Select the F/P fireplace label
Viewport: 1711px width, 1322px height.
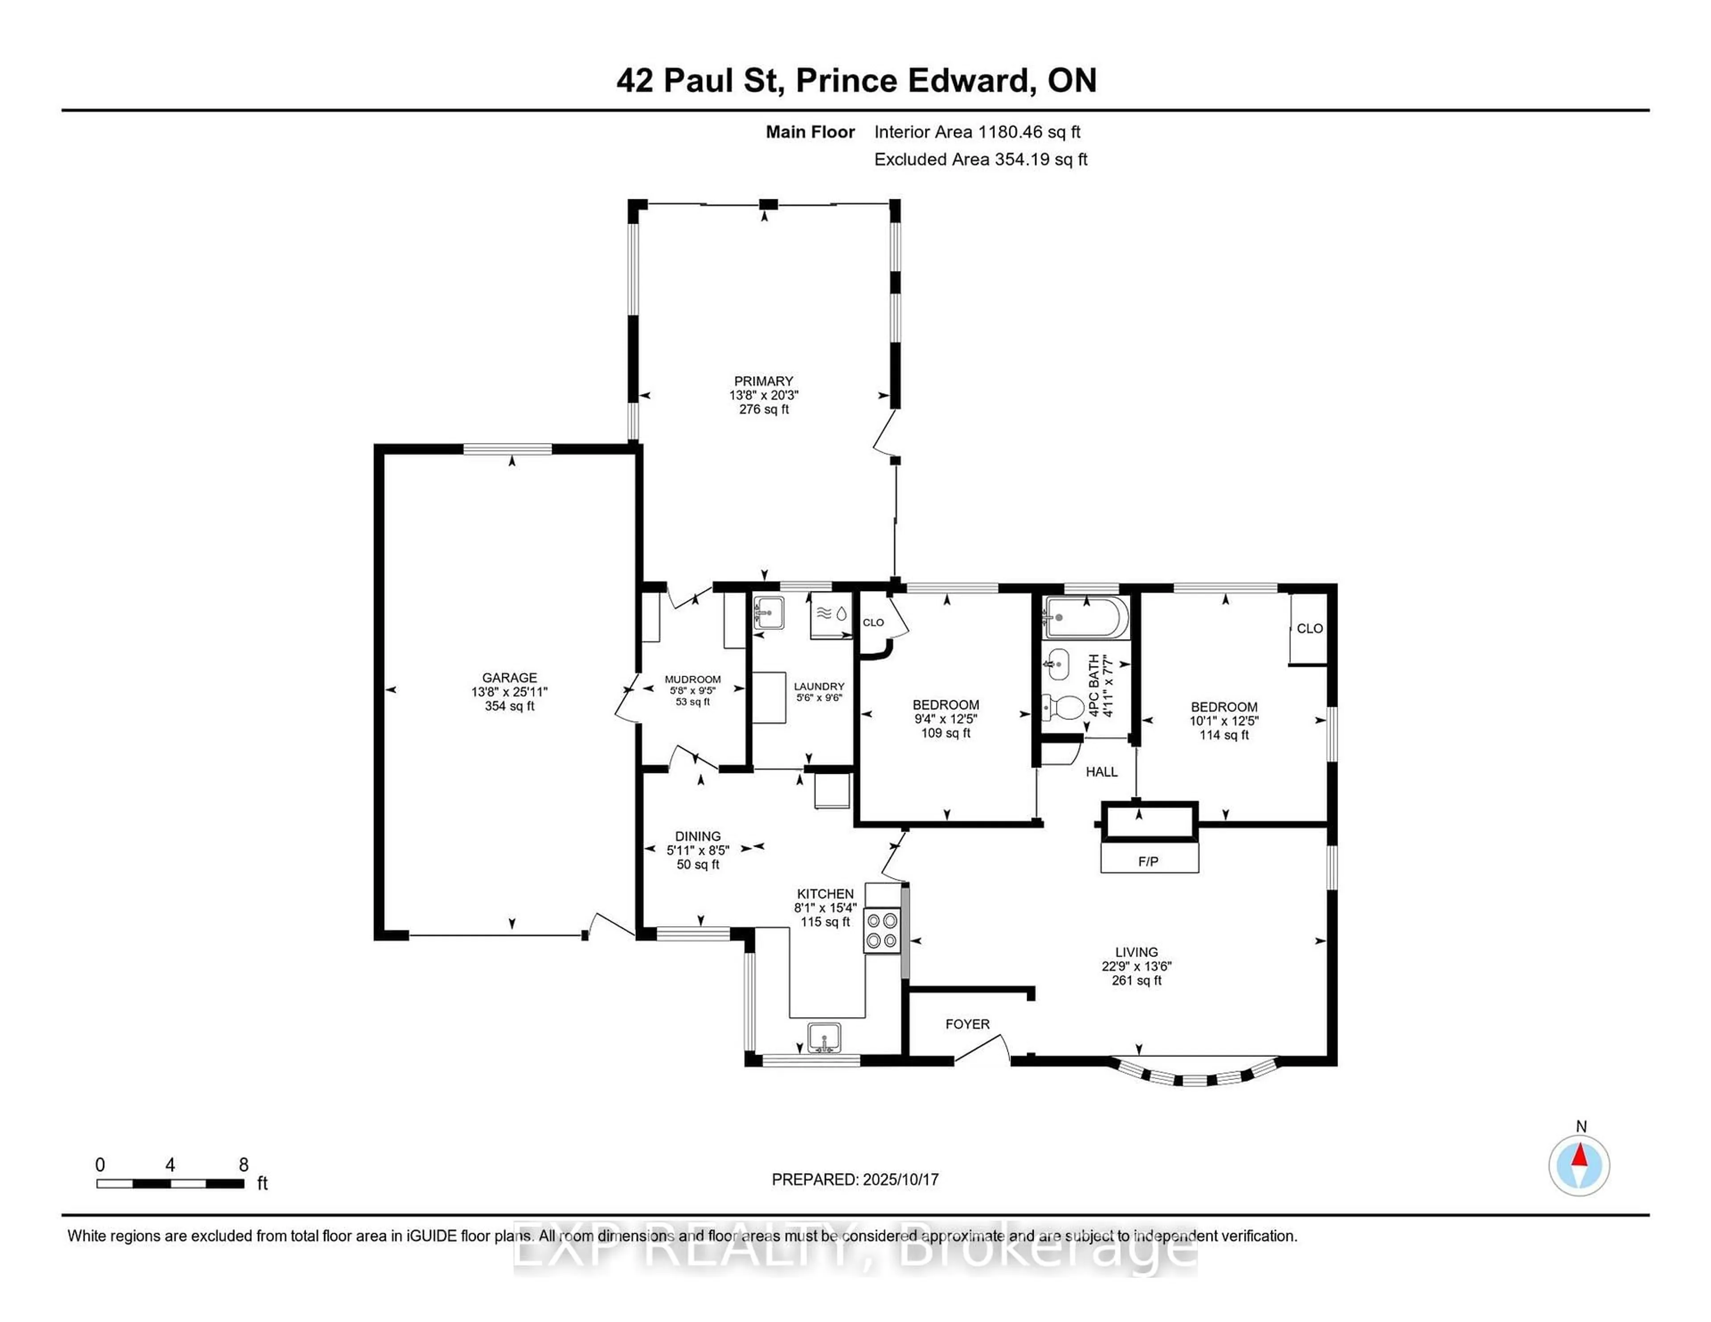coord(1149,861)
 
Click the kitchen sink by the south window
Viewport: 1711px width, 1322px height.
coord(824,1039)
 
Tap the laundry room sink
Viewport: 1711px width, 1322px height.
coord(769,613)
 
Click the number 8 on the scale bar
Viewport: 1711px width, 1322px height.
coord(244,1165)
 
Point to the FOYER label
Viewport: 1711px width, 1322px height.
coord(967,1024)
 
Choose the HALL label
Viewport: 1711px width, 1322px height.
coord(1101,772)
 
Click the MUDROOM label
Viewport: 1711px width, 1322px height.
coord(692,679)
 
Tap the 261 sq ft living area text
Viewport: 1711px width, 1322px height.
coord(1137,980)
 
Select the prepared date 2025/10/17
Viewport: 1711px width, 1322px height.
coord(900,1179)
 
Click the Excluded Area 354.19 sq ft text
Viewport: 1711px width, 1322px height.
coord(981,159)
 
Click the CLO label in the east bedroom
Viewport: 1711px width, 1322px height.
coord(1310,628)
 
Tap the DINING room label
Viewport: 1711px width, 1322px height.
coord(698,836)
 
